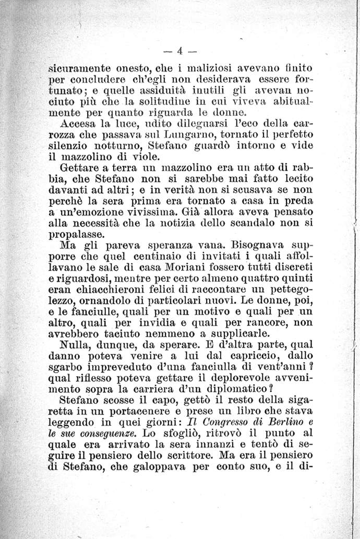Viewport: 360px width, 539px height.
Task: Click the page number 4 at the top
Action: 179,51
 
